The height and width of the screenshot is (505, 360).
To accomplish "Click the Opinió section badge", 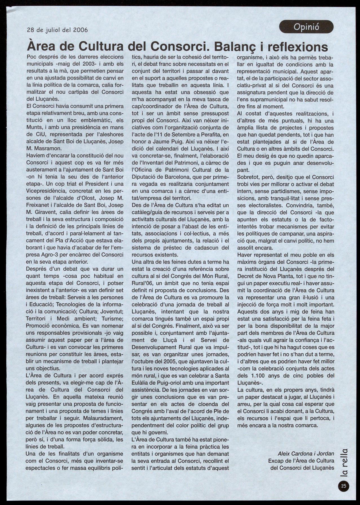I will pyautogui.click(x=306, y=27).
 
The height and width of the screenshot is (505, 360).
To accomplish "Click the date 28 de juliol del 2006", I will pyautogui.click(x=57, y=30).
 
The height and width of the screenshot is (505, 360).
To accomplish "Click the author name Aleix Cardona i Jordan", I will pyautogui.click(x=306, y=454).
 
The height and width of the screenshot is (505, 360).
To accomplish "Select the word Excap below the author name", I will pyautogui.click(x=276, y=461).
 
